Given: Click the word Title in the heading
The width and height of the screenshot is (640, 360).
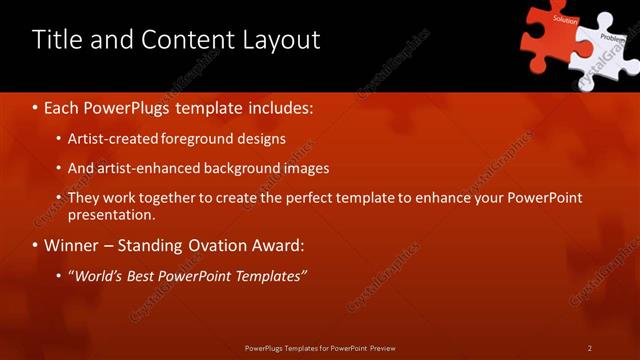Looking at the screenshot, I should tap(56, 40).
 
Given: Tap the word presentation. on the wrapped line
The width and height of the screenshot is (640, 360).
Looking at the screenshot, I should tap(112, 214).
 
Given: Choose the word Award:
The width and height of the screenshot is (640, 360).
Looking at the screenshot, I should tap(275, 245).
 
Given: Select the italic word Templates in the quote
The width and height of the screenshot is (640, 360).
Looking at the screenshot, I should tap(269, 276).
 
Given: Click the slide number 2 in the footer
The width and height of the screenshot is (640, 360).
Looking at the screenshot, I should tap(590, 348).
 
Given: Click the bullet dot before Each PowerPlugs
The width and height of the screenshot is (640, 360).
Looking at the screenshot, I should tap(36, 106).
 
